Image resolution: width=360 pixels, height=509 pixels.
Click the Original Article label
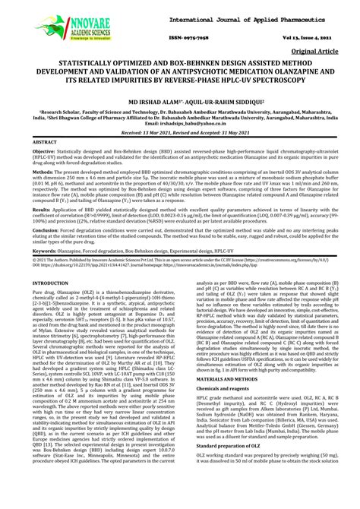[x=322, y=52]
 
